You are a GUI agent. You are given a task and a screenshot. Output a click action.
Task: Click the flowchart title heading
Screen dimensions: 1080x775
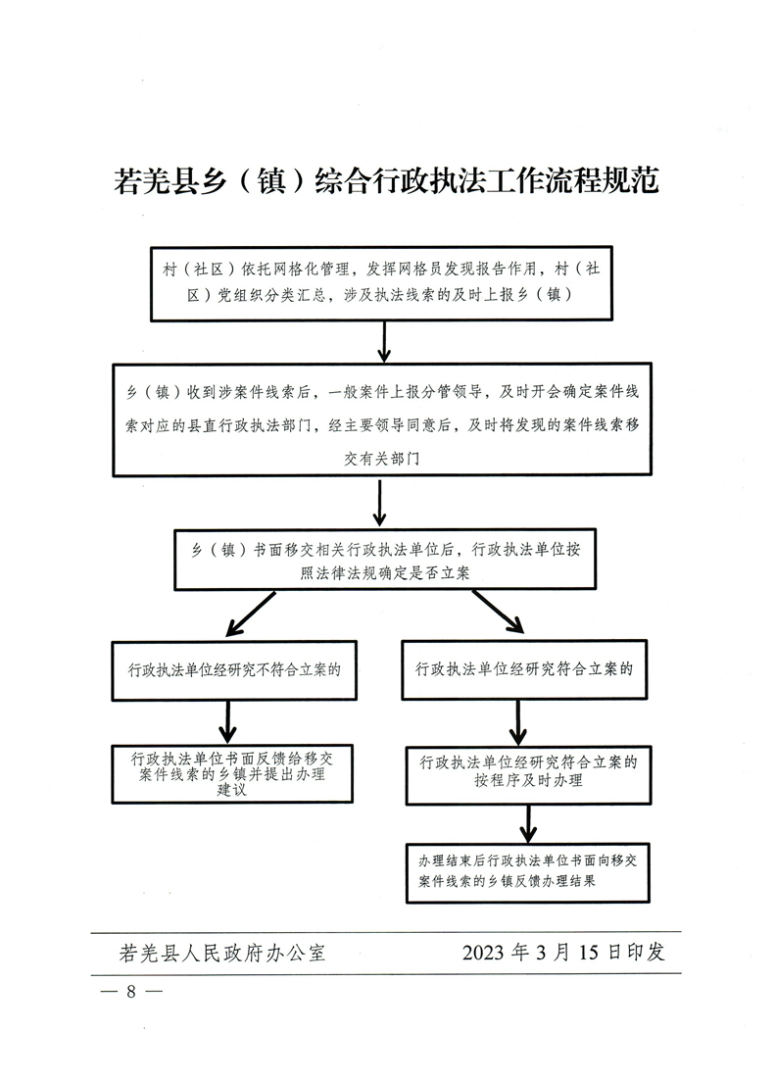click(387, 182)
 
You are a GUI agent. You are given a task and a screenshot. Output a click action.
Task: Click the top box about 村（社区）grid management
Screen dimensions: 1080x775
click(381, 282)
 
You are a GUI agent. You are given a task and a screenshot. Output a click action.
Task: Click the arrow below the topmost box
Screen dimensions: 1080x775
click(384, 340)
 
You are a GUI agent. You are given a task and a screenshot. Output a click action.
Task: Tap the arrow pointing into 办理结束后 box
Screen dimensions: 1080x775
click(529, 823)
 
